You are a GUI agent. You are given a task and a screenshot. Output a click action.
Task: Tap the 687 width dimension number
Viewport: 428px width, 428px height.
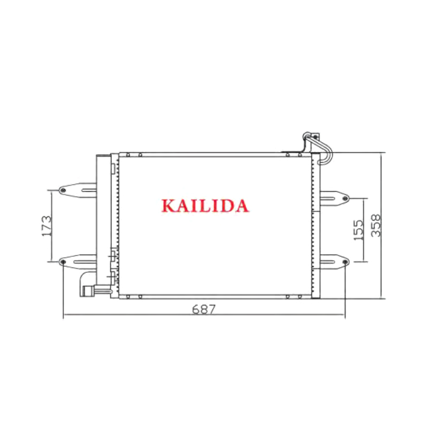(204, 309)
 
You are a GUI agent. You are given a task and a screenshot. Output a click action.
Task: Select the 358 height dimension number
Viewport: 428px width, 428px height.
(376, 225)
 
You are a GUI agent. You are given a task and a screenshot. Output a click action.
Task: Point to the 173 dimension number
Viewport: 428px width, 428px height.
(47, 226)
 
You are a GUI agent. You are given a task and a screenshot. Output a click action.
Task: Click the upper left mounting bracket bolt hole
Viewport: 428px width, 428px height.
(63, 190)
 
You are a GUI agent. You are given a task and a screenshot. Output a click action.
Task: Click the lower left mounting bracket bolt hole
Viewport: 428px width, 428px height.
(63, 262)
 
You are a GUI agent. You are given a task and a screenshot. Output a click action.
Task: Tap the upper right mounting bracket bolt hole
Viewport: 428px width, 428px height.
(345, 198)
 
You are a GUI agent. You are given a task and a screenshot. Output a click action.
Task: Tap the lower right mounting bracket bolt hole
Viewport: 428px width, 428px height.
(345, 262)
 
